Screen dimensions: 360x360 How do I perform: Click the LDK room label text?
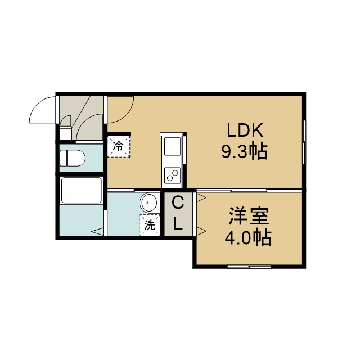pyautogui.click(x=245, y=130)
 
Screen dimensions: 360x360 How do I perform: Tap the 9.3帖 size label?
pyautogui.click(x=244, y=152)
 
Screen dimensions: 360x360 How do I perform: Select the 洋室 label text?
pyautogui.click(x=249, y=216)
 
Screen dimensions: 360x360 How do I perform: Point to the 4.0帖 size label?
pyautogui.click(x=248, y=237)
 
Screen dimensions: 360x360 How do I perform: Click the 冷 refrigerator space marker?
pyautogui.click(x=119, y=146)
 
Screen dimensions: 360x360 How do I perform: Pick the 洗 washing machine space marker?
pyautogui.click(x=150, y=225)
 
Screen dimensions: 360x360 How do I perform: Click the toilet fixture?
pyautogui.click(x=72, y=158)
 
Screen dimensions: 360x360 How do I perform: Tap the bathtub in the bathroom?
pyautogui.click(x=82, y=190)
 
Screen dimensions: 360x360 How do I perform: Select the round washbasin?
pyautogui.click(x=148, y=202)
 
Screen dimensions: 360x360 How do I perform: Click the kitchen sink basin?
pyautogui.click(x=173, y=146)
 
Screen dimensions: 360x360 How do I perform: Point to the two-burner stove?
pyautogui.click(x=173, y=175)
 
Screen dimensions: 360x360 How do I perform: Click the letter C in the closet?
pyautogui.click(x=178, y=204)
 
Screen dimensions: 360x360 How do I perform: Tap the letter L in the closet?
pyautogui.click(x=178, y=224)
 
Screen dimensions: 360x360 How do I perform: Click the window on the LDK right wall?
pyautogui.click(x=304, y=142)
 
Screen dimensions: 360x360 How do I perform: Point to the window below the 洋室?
pyautogui.click(x=249, y=267)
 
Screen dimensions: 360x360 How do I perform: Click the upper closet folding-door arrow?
pyautogui.click(x=201, y=197)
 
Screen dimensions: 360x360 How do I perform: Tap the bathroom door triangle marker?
pyautogui.click(x=98, y=232)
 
